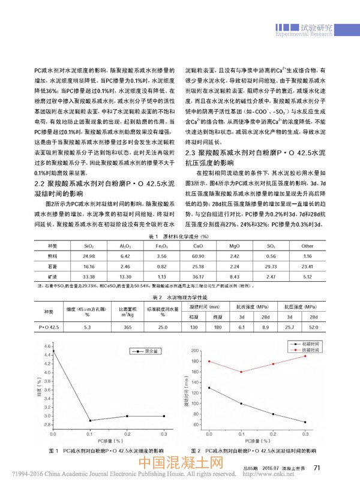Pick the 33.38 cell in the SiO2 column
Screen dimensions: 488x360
88,276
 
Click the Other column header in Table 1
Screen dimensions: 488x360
308,246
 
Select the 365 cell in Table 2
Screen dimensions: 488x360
126,327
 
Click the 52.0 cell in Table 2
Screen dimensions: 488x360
313,327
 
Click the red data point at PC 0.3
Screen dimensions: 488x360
305,356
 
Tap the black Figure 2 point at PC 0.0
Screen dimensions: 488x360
208,388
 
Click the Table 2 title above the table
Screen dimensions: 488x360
179,297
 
